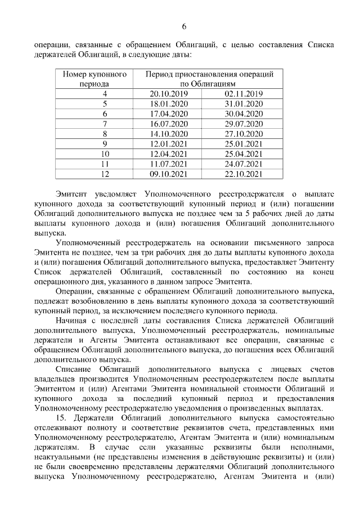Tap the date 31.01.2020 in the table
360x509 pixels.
point(244,104)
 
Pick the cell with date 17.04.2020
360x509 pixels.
point(168,114)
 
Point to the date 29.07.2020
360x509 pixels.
point(244,124)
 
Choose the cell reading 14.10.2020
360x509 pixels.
point(168,134)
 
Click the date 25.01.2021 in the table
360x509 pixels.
point(244,144)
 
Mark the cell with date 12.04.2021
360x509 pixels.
point(168,154)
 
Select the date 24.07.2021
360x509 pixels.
point(244,164)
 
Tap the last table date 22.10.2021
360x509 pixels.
point(244,174)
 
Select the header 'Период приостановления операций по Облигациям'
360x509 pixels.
point(209,79)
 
